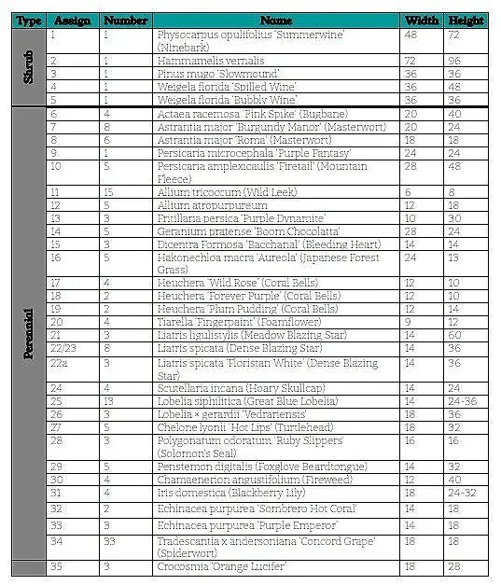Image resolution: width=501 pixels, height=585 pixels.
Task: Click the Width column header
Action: (421, 20)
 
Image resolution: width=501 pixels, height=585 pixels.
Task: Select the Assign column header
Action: (73, 20)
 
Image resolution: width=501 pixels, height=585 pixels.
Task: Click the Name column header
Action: (276, 20)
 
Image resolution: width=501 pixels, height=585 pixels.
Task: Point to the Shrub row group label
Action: (28, 66)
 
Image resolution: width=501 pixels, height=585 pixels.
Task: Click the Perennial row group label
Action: (28, 334)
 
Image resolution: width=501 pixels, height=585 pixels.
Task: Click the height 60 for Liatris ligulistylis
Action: (454, 333)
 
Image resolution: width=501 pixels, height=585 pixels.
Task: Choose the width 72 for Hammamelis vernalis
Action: (411, 59)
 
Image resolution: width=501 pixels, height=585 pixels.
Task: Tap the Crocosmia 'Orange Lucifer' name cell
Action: (222, 566)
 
